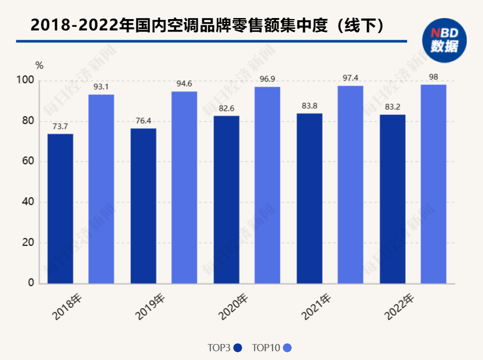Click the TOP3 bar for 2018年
click(60, 208)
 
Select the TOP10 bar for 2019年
click(184, 187)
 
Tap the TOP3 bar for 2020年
click(226, 199)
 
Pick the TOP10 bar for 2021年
click(350, 184)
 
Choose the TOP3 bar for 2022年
click(392, 199)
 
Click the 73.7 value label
click(60, 126)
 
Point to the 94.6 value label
click(184, 84)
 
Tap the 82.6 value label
click(226, 108)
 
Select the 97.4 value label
click(350, 78)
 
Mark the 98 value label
click(434, 77)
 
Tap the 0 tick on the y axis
click(31, 283)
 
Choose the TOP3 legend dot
click(238, 348)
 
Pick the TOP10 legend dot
click(287, 348)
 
